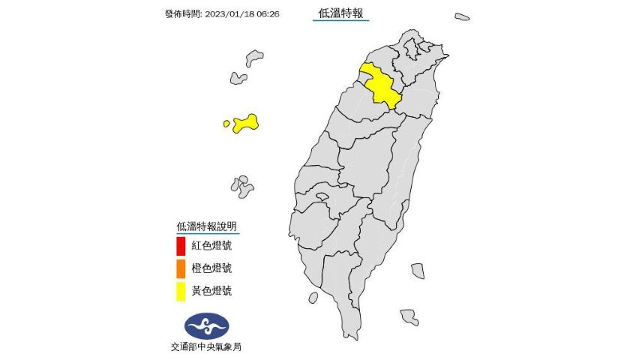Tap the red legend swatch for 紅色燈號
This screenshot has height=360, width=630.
(x=181, y=245)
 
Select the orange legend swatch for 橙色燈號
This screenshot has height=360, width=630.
(x=181, y=268)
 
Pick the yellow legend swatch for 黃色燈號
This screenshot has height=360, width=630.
(x=181, y=290)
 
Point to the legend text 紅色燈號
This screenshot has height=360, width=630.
(x=211, y=245)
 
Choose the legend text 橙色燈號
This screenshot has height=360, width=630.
(x=211, y=268)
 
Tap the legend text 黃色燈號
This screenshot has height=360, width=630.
(x=211, y=290)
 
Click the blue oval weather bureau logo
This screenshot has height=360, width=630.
(x=206, y=325)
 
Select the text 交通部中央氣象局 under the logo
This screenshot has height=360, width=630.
(x=206, y=346)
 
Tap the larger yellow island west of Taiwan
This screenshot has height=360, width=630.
(x=246, y=123)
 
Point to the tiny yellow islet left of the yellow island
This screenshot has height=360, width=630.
(x=226, y=124)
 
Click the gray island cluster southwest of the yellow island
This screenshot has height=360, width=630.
(x=241, y=185)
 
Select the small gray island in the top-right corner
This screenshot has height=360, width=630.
(x=462, y=16)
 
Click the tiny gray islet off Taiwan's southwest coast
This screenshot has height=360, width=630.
(x=313, y=298)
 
